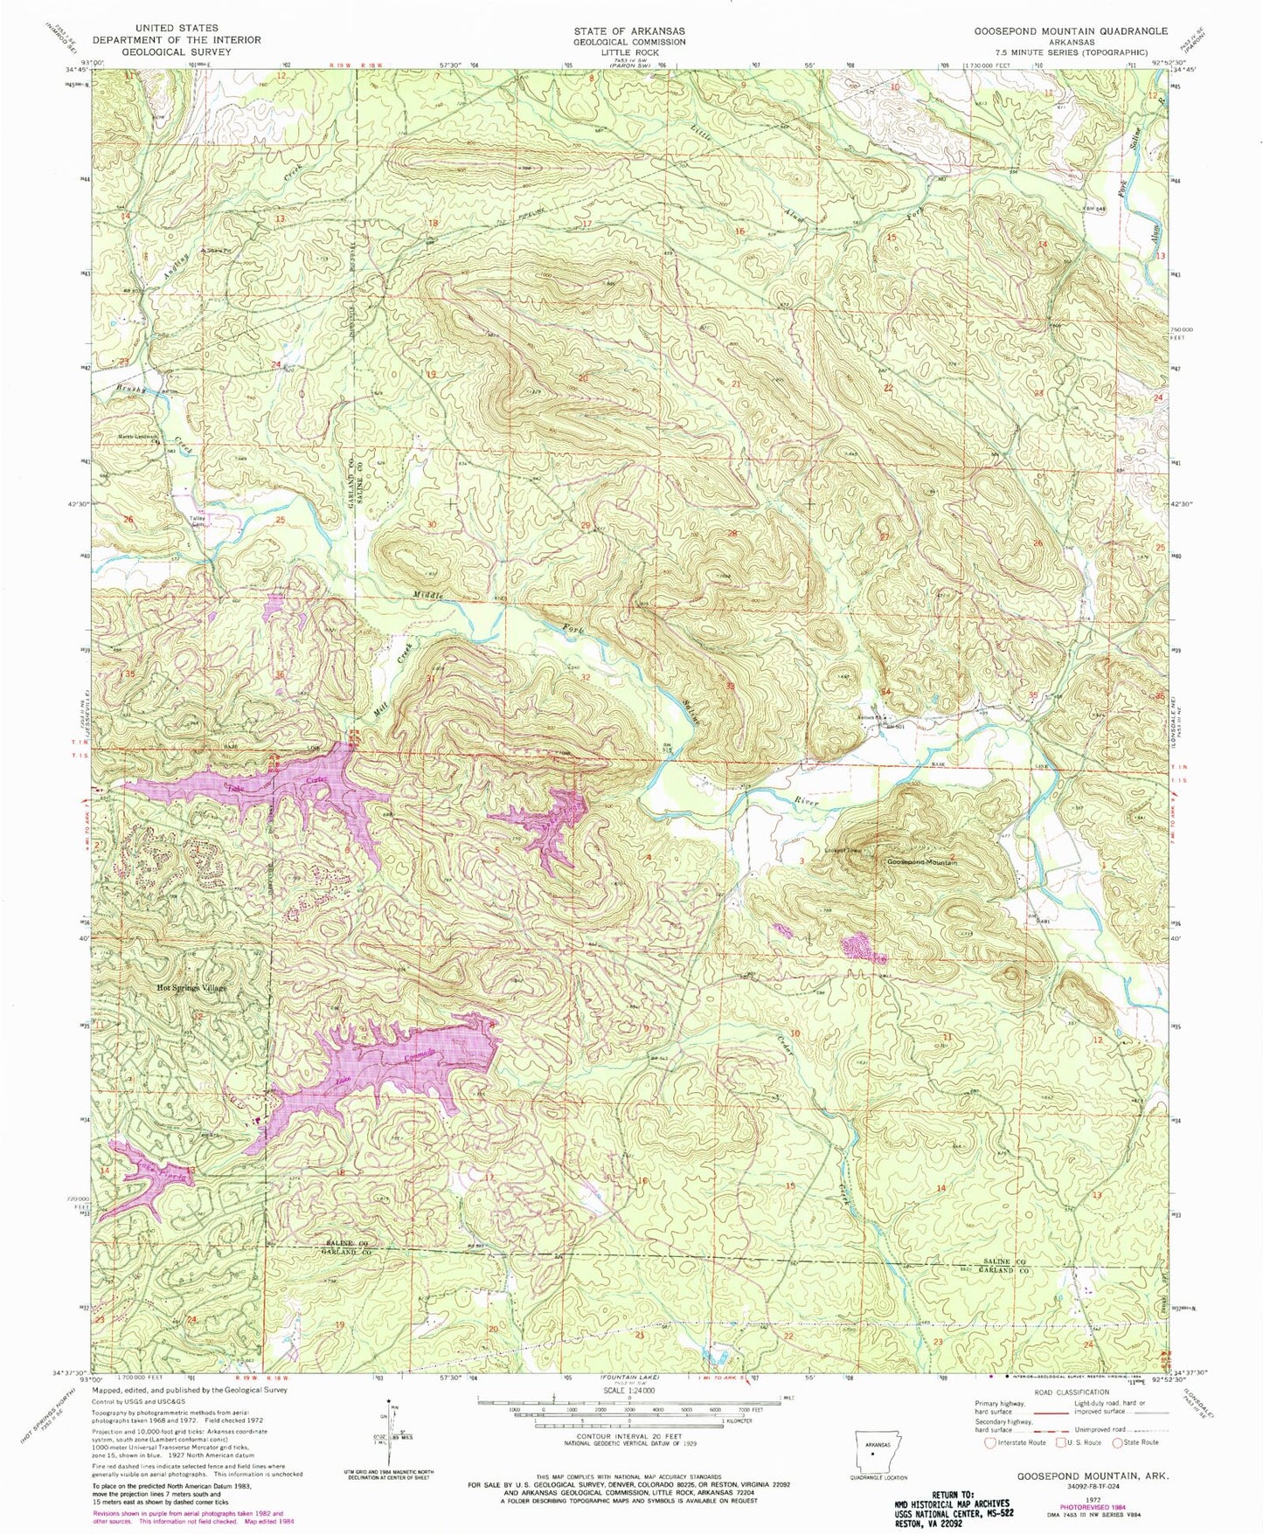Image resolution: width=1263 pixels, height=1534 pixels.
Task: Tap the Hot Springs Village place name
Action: [191, 988]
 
